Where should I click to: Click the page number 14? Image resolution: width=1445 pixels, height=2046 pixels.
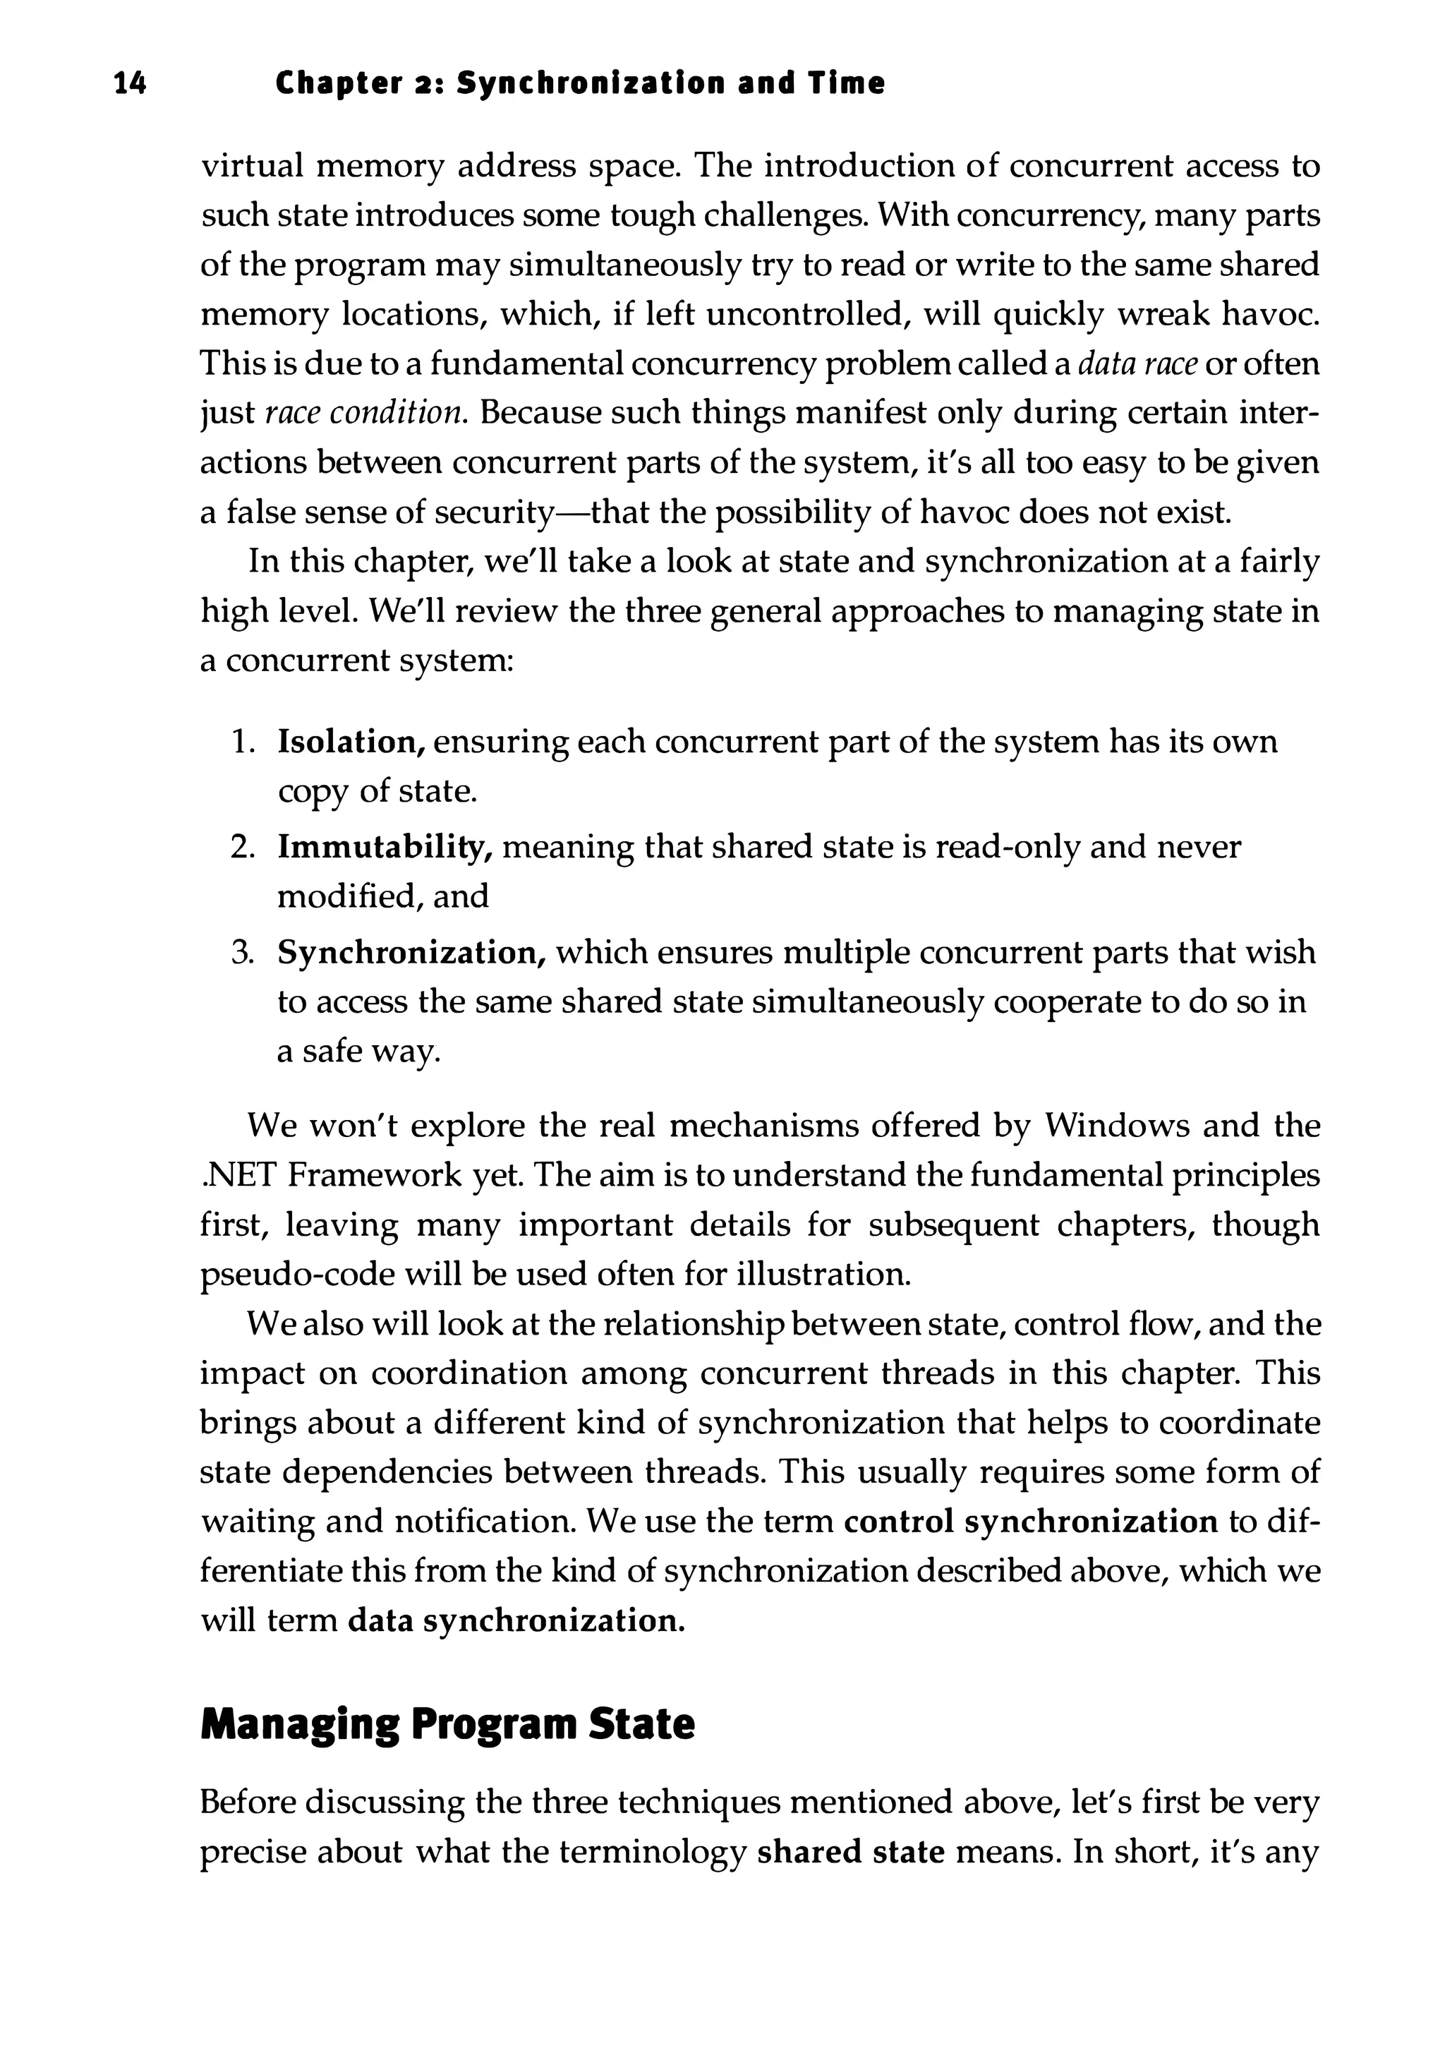point(130,84)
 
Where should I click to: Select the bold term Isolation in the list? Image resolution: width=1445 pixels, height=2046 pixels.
point(351,742)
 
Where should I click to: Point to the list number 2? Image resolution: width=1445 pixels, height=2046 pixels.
point(242,846)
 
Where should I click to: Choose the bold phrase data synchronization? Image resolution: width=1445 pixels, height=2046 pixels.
point(516,1620)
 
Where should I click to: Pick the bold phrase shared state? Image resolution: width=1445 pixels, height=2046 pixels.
point(850,1852)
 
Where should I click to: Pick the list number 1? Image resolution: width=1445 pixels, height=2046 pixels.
point(242,742)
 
